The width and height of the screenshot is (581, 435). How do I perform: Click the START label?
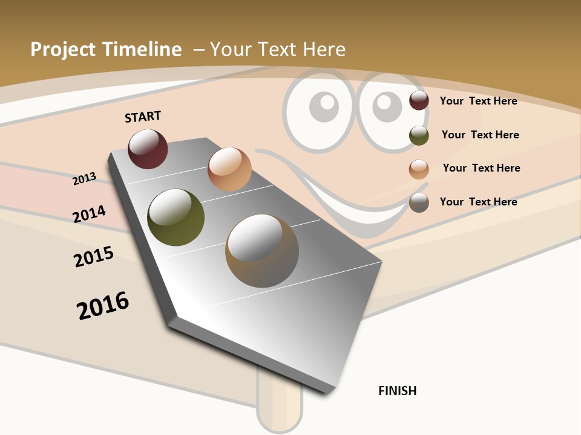click(143, 117)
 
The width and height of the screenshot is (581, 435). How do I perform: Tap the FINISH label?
click(398, 391)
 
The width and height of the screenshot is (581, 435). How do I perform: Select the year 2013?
click(85, 179)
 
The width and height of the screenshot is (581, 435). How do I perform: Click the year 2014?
click(89, 214)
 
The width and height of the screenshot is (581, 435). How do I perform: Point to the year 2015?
click(94, 257)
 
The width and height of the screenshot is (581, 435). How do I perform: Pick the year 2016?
click(103, 305)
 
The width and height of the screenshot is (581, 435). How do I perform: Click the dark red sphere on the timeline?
click(148, 149)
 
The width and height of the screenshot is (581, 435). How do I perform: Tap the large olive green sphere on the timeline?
click(176, 217)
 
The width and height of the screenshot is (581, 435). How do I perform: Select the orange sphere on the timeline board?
click(229, 169)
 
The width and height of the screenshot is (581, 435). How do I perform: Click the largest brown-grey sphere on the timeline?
click(262, 251)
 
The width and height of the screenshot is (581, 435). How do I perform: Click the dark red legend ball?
click(419, 101)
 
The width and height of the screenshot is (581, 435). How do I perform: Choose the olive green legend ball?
click(419, 135)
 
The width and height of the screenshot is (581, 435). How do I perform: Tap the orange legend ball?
click(419, 169)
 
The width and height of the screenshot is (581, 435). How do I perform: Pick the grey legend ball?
click(419, 202)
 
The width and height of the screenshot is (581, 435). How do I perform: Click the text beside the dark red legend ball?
click(478, 101)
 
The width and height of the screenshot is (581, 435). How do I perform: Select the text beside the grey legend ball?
click(478, 202)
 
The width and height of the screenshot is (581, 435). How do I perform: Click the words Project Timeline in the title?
click(106, 50)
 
